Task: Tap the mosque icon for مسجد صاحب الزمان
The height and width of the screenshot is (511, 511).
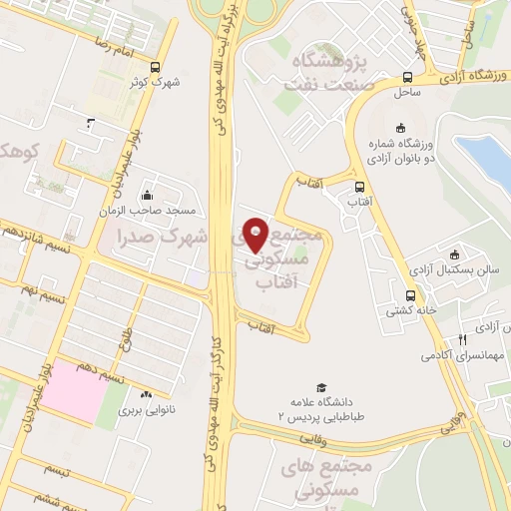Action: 148,195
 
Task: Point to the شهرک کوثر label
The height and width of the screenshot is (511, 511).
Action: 161,82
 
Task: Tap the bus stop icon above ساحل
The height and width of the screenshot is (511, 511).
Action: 407,77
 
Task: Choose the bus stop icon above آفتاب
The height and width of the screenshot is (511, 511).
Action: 359,186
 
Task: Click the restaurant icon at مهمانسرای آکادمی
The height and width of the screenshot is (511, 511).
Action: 461,340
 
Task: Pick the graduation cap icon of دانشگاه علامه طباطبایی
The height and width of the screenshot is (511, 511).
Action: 321,386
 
